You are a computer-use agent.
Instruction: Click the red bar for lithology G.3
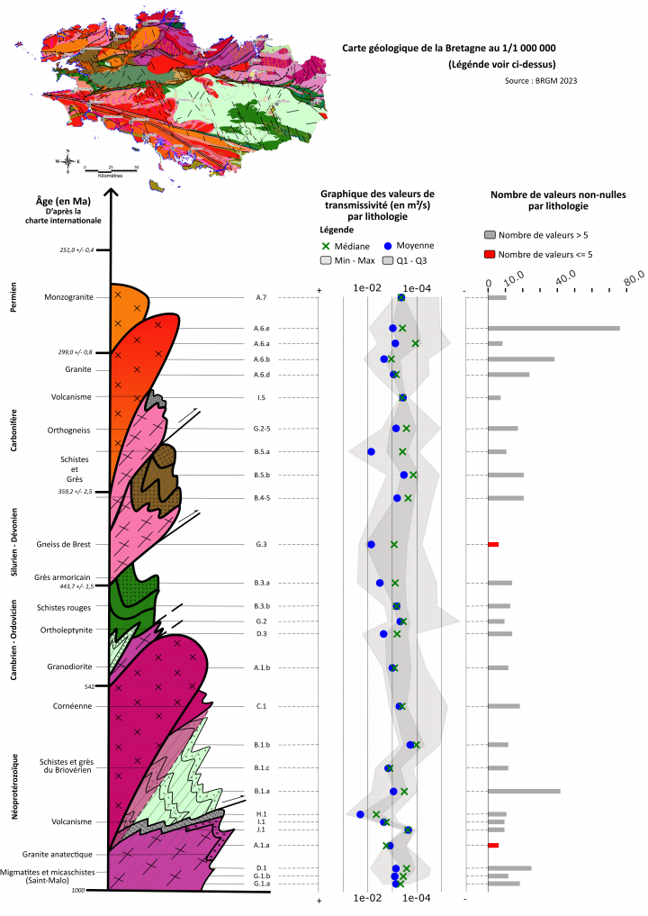pyautogui.click(x=492, y=544)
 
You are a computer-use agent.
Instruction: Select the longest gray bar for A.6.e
pyautogui.click(x=553, y=328)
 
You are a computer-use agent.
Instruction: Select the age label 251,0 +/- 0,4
pyautogui.click(x=76, y=250)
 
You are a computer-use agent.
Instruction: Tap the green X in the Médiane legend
pyautogui.click(x=327, y=245)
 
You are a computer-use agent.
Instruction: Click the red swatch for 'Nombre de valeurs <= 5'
pyautogui.click(x=490, y=254)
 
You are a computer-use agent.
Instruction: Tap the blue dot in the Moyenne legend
pyautogui.click(x=388, y=245)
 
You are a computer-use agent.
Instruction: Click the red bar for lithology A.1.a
pyautogui.click(x=492, y=845)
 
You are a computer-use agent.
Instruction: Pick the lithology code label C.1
pyautogui.click(x=261, y=706)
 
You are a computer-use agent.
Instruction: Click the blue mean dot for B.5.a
pyautogui.click(x=371, y=451)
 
